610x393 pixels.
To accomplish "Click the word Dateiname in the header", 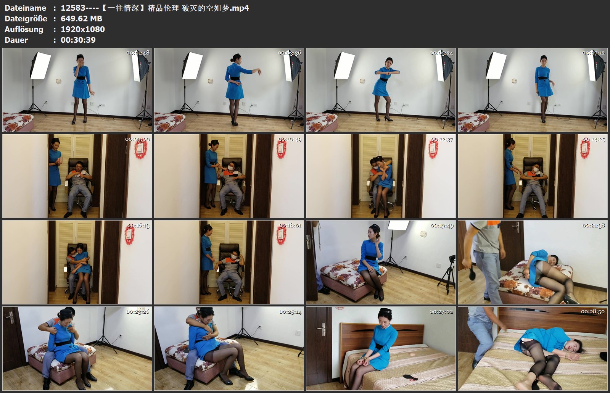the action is (25, 8).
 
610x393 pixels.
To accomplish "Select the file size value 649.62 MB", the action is (81, 19).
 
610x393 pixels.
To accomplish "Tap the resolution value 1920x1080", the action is (83, 29).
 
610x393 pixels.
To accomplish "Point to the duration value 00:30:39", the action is (78, 40).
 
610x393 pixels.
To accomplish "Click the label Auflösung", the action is (24, 29).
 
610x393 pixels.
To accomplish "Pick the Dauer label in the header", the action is (16, 40).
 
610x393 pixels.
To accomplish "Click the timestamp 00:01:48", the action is (138, 53).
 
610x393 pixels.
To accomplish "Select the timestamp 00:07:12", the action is (593, 53).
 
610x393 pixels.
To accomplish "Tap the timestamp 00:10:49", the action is (290, 139).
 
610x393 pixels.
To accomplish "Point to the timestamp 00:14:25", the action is (594, 139).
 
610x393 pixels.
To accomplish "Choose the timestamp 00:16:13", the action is (138, 225).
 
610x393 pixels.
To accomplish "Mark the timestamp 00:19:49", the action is (442, 225).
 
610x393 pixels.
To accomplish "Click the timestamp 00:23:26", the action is (138, 312).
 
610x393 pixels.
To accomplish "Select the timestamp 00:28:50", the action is (593, 312).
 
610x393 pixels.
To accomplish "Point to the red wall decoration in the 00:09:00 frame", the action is (141, 149).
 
